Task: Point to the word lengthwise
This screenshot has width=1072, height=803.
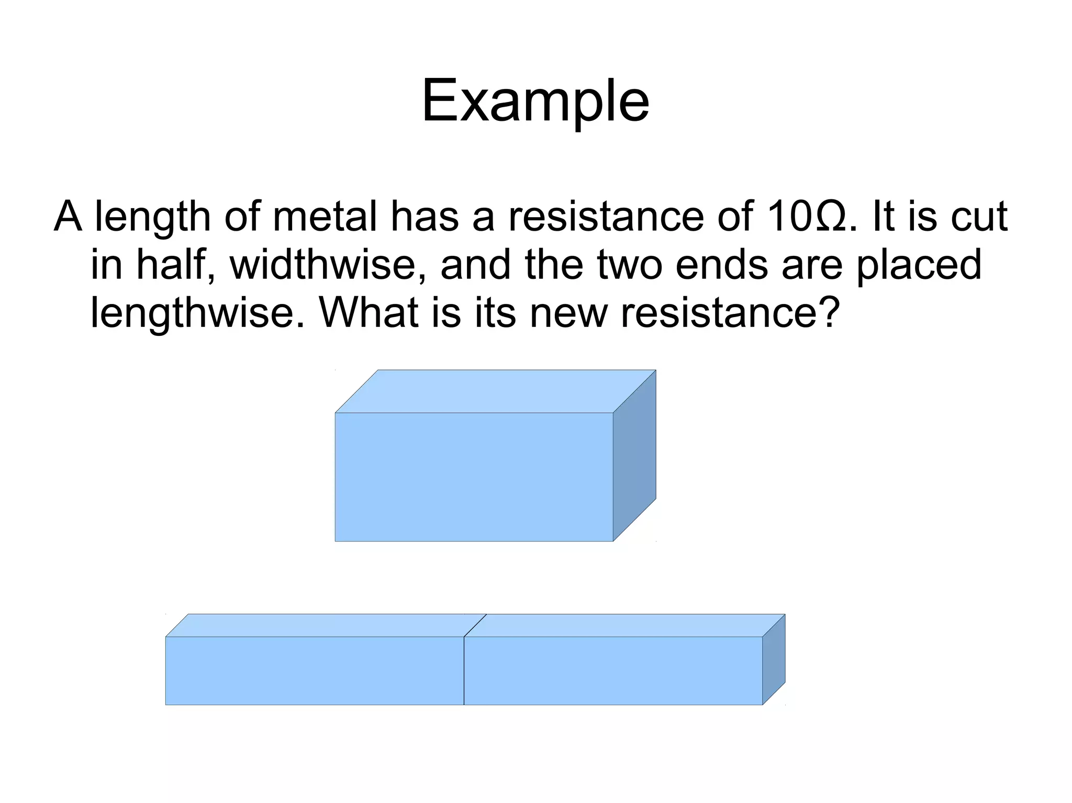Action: point(197,312)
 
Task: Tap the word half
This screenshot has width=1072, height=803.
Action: point(175,264)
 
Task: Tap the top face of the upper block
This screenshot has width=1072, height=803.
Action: point(495,391)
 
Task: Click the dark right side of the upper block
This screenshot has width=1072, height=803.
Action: point(634,455)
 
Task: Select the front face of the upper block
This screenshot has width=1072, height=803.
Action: point(474,477)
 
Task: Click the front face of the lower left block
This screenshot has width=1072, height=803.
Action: point(314,670)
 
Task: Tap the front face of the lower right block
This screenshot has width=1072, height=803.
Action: point(613,670)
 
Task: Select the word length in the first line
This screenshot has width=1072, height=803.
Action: point(152,216)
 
